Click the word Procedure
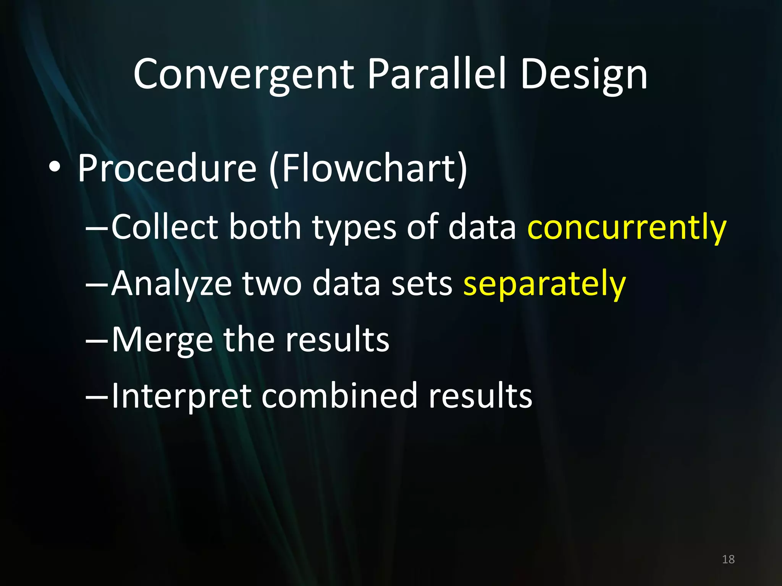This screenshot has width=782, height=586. [167, 168]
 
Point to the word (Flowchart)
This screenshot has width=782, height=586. [368, 168]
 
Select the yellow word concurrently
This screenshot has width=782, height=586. [627, 227]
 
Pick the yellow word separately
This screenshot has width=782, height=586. [544, 284]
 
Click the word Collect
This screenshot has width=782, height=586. [165, 227]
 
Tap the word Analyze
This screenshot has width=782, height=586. [171, 284]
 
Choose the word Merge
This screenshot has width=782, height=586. [162, 340]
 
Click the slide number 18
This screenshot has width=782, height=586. [728, 559]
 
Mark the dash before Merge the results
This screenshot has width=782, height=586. [97, 339]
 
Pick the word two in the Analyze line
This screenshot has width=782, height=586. [272, 284]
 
